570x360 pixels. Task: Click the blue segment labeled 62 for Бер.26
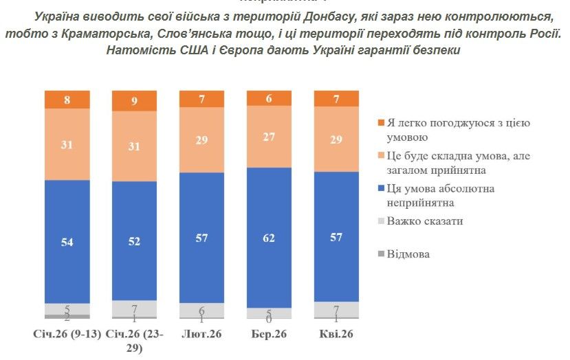pos(269,237)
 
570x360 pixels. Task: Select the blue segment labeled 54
pos(67,241)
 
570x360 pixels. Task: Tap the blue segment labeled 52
pos(134,241)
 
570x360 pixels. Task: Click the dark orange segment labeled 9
pos(134,101)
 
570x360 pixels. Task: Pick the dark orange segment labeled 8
pos(67,100)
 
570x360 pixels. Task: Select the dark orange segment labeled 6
pos(269,98)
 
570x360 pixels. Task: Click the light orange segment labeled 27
pos(269,137)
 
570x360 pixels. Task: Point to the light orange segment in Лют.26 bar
pos(201,139)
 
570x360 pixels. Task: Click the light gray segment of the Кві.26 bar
pos(336,309)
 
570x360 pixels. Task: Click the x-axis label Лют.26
pos(201,335)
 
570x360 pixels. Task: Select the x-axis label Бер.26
pos(269,335)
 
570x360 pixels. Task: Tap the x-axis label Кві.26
pos(336,335)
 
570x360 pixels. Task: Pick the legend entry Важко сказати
pos(425,221)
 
